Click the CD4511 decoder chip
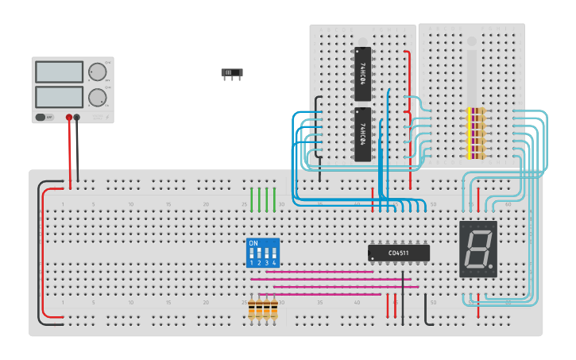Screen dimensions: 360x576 tap(399, 253)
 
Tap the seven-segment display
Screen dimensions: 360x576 tap(478, 249)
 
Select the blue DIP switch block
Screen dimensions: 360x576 tap(263, 252)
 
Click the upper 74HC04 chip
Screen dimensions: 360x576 tap(362, 73)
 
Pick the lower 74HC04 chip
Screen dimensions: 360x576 tap(362, 134)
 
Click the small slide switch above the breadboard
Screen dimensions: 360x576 tap(231, 73)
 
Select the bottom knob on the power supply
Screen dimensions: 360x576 tap(98, 98)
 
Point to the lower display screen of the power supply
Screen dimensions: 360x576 tap(59, 98)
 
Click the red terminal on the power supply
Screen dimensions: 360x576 tap(69, 118)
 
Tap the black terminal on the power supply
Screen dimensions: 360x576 tap(77, 118)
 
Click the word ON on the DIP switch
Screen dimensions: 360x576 tap(253, 242)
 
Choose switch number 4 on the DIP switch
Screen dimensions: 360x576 tap(274, 256)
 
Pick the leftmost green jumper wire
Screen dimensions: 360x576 tap(252, 199)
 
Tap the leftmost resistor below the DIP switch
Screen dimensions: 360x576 tap(252, 309)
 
